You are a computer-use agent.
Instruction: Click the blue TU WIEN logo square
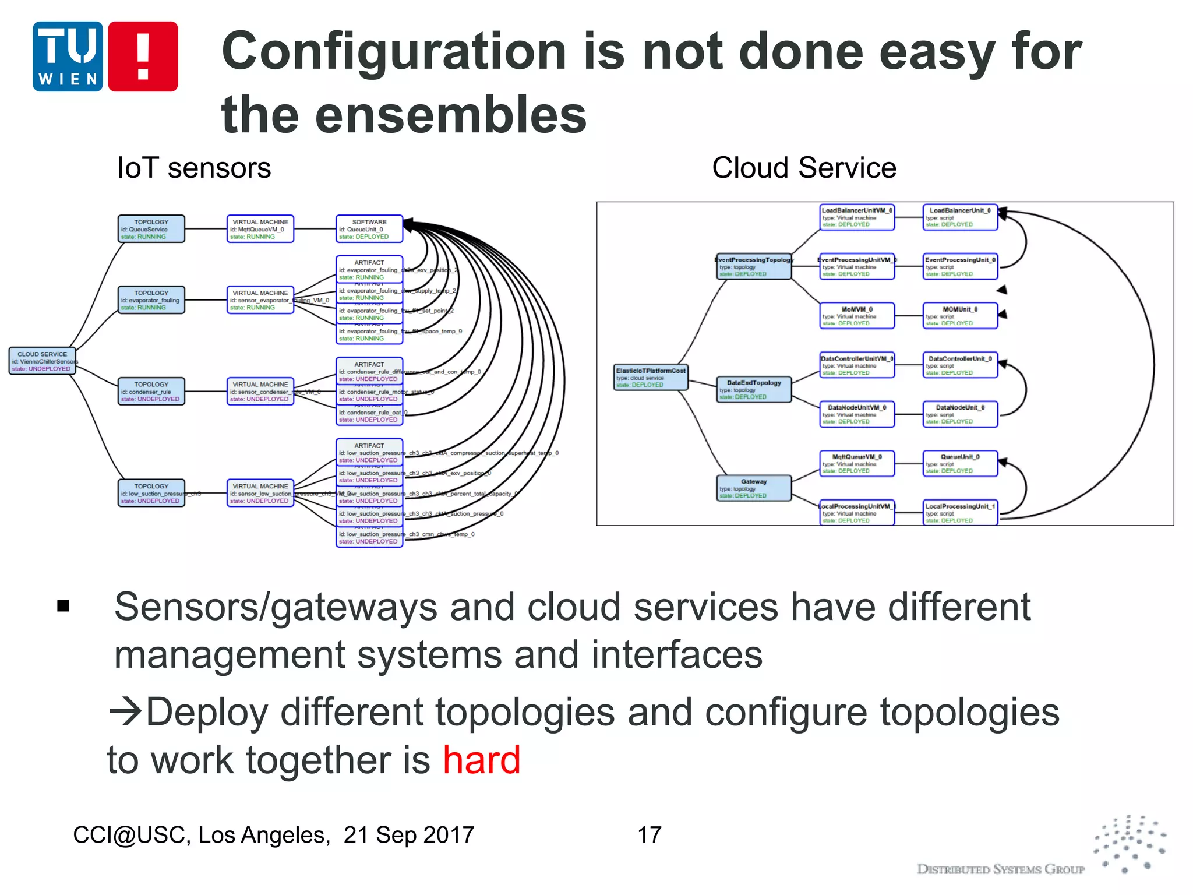click(68, 57)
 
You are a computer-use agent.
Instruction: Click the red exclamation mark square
click(143, 57)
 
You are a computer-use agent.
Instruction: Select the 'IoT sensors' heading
click(194, 168)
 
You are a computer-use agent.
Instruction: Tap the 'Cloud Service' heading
click(804, 168)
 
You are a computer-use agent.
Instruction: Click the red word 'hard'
click(481, 760)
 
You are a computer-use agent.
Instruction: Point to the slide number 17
click(650, 835)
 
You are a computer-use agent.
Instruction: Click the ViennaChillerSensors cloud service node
click(42, 361)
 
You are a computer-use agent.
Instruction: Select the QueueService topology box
click(151, 229)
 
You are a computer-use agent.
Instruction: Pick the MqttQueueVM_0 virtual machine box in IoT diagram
click(260, 229)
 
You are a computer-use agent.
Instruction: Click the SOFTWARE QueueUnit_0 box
click(369, 229)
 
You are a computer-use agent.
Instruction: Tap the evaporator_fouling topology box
click(151, 300)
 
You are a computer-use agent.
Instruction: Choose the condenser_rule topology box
click(151, 392)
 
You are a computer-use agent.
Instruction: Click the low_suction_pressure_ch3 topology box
click(151, 493)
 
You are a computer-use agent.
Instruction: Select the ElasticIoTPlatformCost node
click(651, 378)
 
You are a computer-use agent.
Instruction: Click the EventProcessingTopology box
click(754, 266)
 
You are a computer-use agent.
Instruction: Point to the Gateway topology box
click(754, 488)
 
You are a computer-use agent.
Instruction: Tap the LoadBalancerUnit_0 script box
click(960, 217)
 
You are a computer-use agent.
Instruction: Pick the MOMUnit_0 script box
click(960, 316)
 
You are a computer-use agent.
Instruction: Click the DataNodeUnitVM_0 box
click(856, 414)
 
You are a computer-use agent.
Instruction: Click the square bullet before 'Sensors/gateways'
click(63, 607)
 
